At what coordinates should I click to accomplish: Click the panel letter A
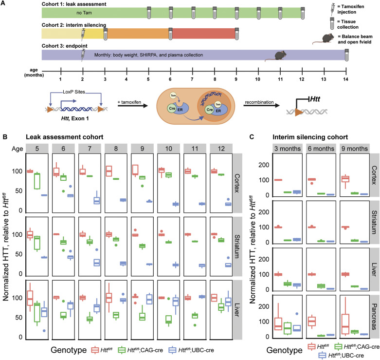pos(5,4)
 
